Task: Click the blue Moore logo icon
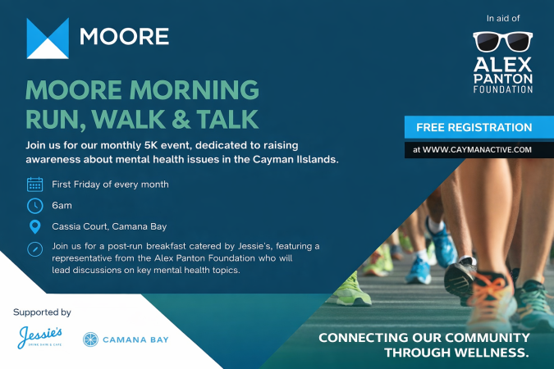pyautogui.click(x=47, y=38)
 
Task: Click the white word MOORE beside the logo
pyautogui.click(x=124, y=37)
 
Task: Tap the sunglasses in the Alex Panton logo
pyautogui.click(x=502, y=42)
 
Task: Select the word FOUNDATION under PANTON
pyautogui.click(x=502, y=89)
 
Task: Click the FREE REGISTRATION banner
pyautogui.click(x=474, y=127)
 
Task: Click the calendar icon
pyautogui.click(x=34, y=184)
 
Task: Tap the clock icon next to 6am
pyautogui.click(x=34, y=205)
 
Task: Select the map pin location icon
pyautogui.click(x=34, y=226)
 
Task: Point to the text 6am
pyautogui.click(x=62, y=205)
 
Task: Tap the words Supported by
pyautogui.click(x=42, y=312)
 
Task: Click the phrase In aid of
pyautogui.click(x=502, y=16)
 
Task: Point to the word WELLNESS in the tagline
pyautogui.click(x=487, y=353)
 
